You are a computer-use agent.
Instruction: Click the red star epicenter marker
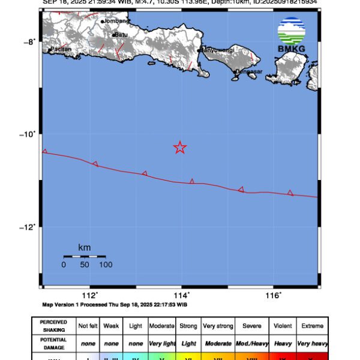179,147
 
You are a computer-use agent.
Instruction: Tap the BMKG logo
291,34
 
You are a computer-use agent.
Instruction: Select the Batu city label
121,35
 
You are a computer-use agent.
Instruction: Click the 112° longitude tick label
90,295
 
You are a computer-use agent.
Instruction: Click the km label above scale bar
84,247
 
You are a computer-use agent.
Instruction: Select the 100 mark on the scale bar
106,264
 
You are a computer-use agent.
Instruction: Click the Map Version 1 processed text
98,305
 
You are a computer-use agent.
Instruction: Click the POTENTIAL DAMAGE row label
54,343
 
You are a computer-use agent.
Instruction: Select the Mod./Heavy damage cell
251,343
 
